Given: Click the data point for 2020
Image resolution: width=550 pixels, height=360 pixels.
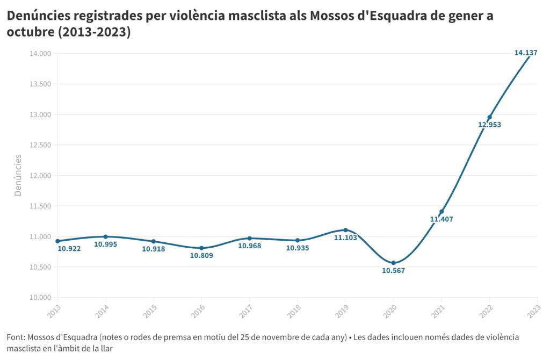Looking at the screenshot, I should [394, 263].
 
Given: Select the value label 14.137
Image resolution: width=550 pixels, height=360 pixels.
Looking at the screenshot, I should [526, 53].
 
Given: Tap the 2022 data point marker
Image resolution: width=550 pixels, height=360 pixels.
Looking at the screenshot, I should [490, 118].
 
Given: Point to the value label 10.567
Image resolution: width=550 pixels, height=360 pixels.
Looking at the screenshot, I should [394, 271].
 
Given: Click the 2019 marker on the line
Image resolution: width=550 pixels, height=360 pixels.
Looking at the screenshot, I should [345, 230].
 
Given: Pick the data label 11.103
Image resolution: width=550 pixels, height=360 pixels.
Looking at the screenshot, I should [345, 237].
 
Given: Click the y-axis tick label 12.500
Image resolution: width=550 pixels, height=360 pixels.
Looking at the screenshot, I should [40, 145].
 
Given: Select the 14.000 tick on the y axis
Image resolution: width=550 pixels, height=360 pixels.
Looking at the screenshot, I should [40, 54].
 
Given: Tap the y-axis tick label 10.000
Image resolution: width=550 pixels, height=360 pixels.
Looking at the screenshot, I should [40, 298].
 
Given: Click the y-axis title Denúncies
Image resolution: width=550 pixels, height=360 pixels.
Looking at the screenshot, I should [18, 175].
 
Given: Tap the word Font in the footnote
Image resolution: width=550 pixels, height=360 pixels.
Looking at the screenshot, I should [16, 337].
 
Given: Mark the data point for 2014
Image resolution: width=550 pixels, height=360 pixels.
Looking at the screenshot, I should [105, 236].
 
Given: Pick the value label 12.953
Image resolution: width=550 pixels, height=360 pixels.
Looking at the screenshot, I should [489, 125].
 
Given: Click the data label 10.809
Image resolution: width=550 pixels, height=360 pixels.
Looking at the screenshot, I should [201, 256].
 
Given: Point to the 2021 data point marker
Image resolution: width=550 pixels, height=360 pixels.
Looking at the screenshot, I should [442, 212].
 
